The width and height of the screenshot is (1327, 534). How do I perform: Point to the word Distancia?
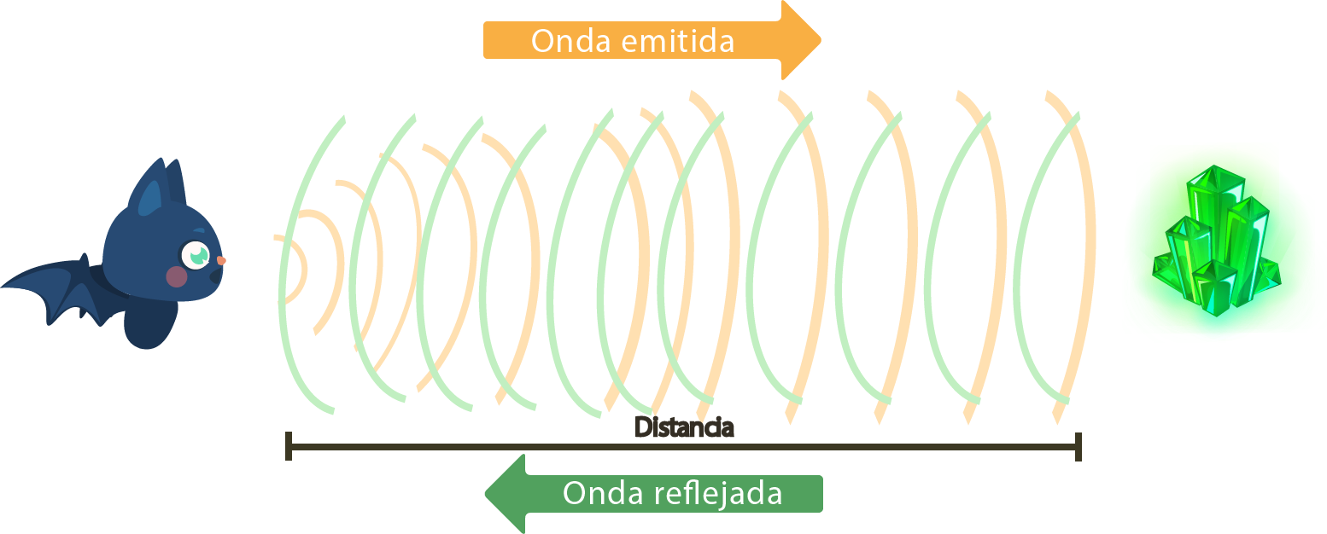pos(684,427)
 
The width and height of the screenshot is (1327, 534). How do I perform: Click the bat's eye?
pos(196,253)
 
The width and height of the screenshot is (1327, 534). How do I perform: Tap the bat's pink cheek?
pos(177,276)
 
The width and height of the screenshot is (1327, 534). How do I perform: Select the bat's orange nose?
pos(221,259)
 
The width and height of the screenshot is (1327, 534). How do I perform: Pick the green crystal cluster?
pos(1216,243)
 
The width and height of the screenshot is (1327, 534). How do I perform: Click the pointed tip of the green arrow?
pos(488,494)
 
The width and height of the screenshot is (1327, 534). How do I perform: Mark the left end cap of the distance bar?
pos(289,446)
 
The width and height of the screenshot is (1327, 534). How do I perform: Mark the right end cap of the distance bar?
pos(1079,446)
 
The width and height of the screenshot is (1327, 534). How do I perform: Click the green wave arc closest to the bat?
pos(284,282)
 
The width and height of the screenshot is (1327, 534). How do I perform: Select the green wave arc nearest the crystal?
pos(1017,282)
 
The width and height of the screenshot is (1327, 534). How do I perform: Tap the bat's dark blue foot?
pos(149,328)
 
